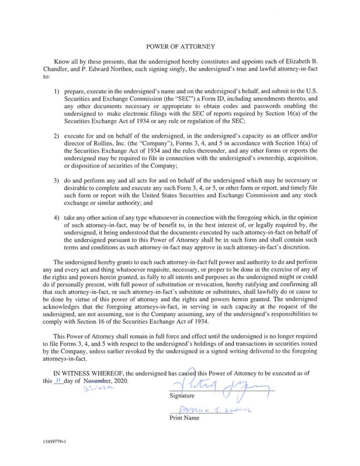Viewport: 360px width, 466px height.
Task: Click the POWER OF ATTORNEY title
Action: [180, 46]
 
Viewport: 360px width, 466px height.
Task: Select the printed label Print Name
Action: [184, 418]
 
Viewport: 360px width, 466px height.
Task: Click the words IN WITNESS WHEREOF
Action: [91, 373]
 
